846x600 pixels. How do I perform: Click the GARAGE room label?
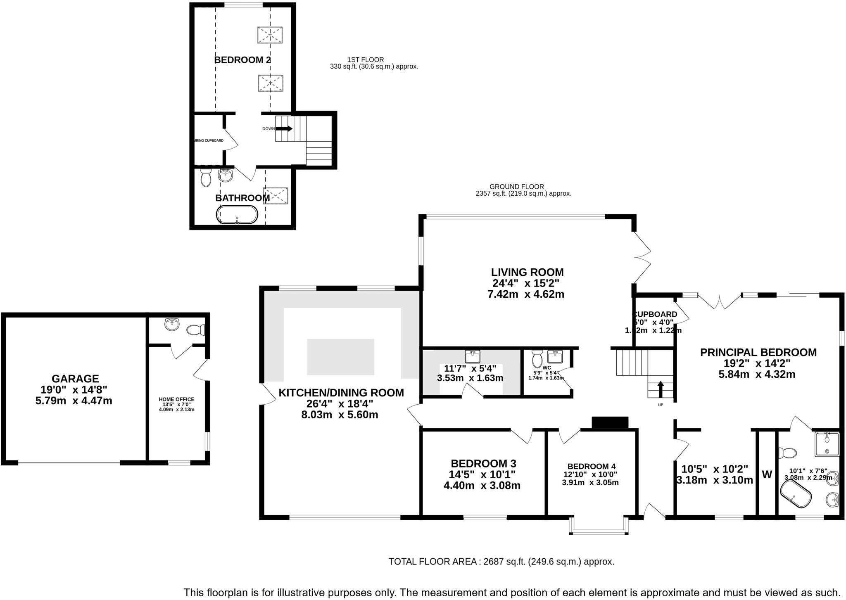click(75, 378)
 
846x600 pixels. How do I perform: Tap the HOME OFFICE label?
click(176, 399)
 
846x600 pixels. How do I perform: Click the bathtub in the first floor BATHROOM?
click(237, 215)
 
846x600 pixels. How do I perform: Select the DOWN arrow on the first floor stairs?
click(284, 128)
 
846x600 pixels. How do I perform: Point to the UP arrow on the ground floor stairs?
click(660, 389)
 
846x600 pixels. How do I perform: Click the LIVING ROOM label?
click(527, 272)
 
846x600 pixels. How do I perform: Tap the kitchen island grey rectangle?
click(341, 357)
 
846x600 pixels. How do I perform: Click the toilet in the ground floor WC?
click(537, 359)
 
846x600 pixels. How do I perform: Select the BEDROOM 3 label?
click(483, 463)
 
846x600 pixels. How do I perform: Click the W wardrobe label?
click(767, 474)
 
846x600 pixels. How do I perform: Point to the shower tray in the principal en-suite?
click(827, 444)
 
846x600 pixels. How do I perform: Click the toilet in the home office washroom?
click(196, 330)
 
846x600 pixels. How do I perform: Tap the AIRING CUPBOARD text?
click(209, 140)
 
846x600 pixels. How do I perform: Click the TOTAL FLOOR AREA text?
click(501, 562)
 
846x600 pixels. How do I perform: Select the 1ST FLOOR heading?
click(366, 59)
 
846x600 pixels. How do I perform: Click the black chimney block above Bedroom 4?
click(610, 423)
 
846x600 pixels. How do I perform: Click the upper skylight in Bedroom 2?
click(270, 35)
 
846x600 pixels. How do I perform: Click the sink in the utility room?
click(472, 356)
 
